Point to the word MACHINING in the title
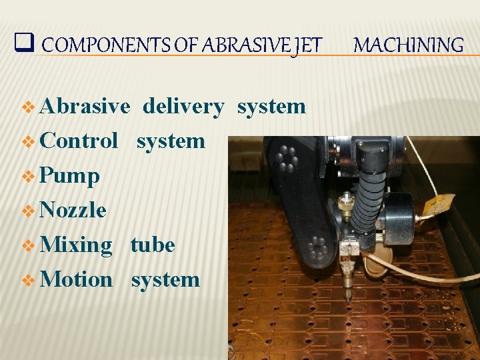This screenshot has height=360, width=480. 408,45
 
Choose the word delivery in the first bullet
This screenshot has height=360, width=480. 183,106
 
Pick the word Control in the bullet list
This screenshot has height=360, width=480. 79,141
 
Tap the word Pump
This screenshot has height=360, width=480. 69,176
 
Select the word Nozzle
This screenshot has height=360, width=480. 73,211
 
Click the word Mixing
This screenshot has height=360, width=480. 76,245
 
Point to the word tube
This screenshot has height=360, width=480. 153,245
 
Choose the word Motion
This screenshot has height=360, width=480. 76,279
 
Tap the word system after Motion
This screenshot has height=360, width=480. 165,279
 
